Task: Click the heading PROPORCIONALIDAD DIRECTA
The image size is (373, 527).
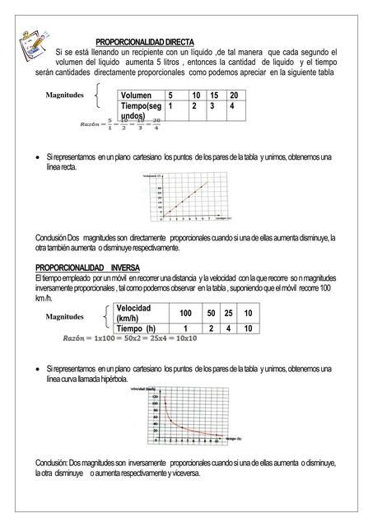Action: [145, 41]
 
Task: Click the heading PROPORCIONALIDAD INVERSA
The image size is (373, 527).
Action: [87, 268]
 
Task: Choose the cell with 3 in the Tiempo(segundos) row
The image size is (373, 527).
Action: [212, 106]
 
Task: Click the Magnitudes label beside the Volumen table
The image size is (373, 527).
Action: [65, 95]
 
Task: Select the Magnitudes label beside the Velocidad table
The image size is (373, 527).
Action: [66, 316]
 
